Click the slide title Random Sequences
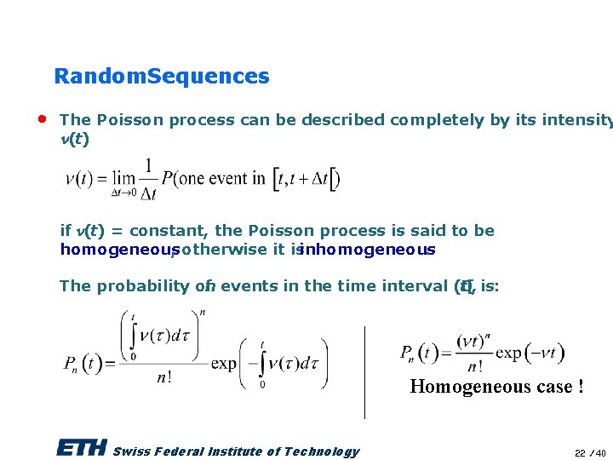pos(161,76)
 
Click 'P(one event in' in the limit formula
pos(214,179)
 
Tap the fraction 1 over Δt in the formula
pos(149,179)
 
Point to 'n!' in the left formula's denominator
pos(165,377)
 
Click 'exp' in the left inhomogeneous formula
pos(224,364)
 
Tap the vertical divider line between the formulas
pos(364,371)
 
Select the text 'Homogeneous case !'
pos(496,387)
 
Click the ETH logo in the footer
pos(81,448)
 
